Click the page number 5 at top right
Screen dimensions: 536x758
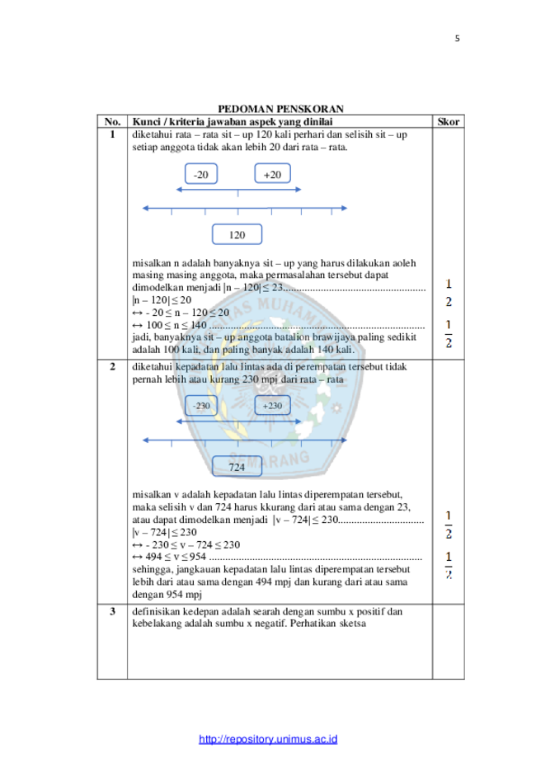[457, 39]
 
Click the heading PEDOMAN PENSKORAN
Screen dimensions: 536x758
[281, 109]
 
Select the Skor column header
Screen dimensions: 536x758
[448, 122]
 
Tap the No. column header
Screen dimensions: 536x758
[112, 122]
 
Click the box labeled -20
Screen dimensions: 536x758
[201, 174]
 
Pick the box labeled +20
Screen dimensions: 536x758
[273, 174]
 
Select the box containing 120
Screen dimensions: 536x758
[237, 234]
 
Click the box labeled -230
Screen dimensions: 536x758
[201, 406]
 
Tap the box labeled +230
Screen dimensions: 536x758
[273, 406]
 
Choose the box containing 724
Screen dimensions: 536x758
[237, 467]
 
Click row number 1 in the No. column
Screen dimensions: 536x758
[112, 134]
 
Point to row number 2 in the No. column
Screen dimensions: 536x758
[112, 366]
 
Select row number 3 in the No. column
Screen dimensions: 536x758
[112, 611]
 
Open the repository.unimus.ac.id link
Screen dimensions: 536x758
[268, 739]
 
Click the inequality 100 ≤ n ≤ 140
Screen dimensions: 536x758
[176, 325]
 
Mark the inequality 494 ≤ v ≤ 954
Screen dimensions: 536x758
[176, 557]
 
